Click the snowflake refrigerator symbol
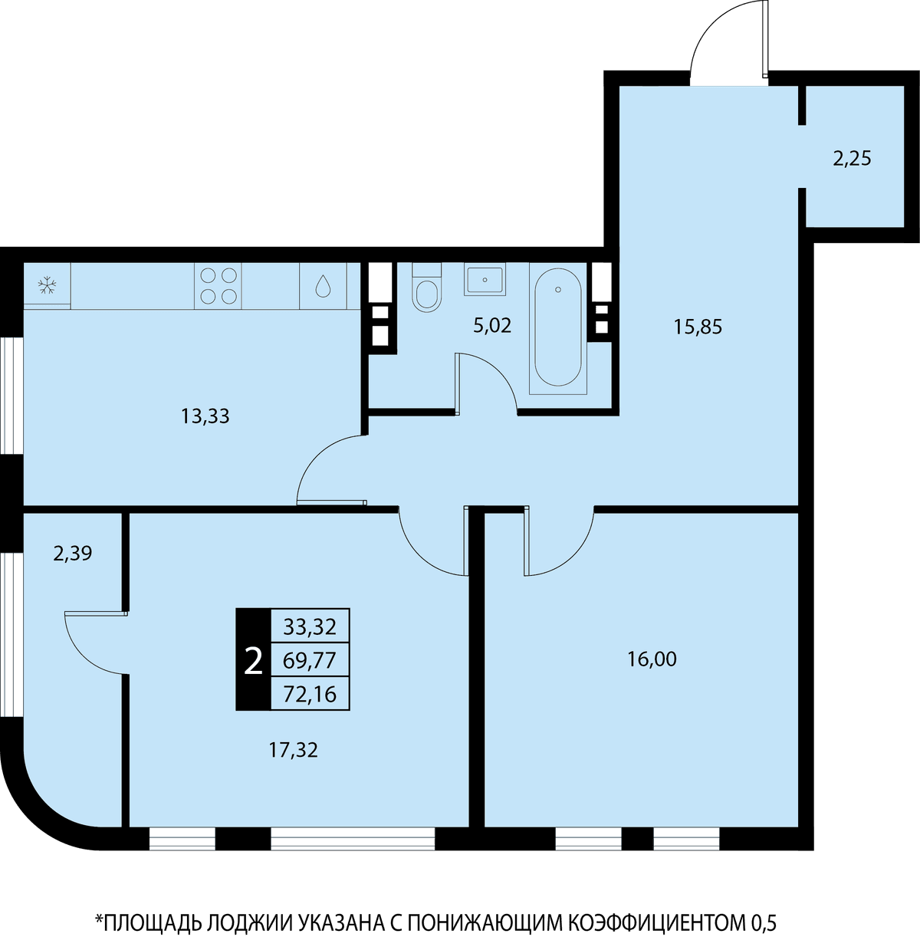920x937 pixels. [x=48, y=285]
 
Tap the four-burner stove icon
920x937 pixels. [x=219, y=286]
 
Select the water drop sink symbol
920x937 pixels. [x=323, y=286]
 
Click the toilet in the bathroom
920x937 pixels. [x=427, y=287]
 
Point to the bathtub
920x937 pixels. [x=557, y=328]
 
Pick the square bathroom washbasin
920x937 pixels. [x=485, y=279]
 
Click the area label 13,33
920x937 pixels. [x=205, y=416]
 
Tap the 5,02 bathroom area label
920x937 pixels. [x=492, y=326]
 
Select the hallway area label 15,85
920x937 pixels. [x=698, y=327]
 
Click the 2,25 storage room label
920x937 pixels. [x=852, y=159]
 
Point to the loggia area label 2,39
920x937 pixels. [x=73, y=554]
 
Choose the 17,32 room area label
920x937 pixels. [x=293, y=750]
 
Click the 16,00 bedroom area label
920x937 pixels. [x=652, y=660]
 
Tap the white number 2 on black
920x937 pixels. [x=253, y=661]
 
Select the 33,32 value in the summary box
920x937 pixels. [x=310, y=627]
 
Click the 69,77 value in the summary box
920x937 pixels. [x=310, y=661]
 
